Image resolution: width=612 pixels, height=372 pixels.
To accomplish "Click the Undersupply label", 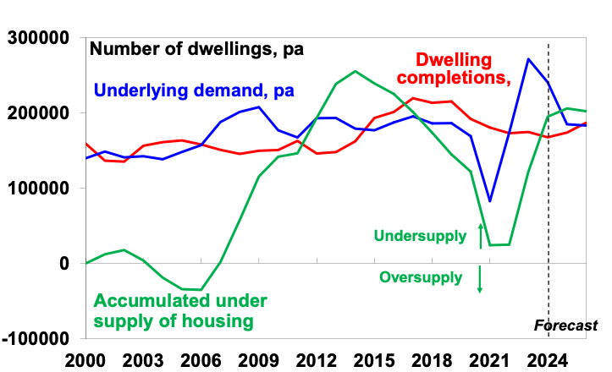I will point(420,236).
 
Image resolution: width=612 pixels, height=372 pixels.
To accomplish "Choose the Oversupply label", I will point(421,277).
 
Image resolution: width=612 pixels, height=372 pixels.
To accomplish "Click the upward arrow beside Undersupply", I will point(481,236).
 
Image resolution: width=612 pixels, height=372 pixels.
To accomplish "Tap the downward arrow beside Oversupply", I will point(480,279).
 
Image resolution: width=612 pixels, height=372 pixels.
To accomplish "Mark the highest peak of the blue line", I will point(529,58).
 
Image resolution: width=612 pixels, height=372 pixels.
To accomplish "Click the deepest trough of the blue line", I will point(490,201).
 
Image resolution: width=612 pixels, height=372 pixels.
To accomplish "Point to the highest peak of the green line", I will point(355,71).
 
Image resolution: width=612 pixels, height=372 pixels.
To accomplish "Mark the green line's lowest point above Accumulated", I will point(201,290).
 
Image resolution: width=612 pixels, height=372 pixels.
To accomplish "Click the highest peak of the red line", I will point(413,98).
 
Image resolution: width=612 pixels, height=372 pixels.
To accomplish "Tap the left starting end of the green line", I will point(87,263).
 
